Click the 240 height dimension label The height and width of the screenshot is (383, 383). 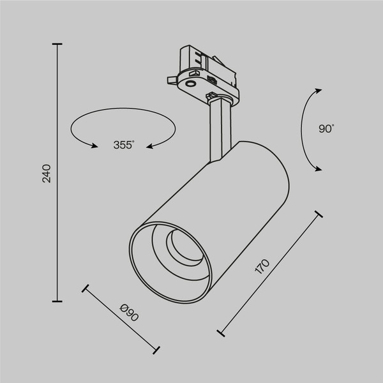[x=47, y=174]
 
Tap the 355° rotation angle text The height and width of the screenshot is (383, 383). [x=124, y=146]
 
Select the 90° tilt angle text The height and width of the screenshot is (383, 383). [x=326, y=129]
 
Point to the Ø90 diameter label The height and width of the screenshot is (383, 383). [x=130, y=314]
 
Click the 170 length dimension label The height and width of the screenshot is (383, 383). [x=262, y=267]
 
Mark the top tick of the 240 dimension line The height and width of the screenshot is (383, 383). [x=58, y=44]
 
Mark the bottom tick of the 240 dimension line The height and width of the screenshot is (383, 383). [x=58, y=301]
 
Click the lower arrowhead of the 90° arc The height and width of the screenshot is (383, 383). [x=317, y=169]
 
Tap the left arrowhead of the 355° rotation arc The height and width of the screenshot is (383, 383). [x=94, y=146]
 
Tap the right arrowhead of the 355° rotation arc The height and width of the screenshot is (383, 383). [x=150, y=146]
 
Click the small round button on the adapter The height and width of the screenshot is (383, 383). [x=191, y=83]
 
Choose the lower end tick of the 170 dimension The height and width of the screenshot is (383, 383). [x=221, y=333]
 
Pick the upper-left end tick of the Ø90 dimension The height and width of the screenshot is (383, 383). [x=85, y=288]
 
